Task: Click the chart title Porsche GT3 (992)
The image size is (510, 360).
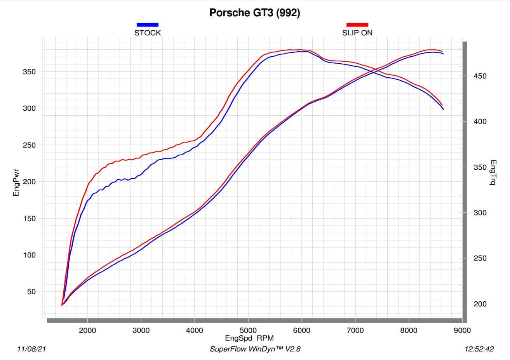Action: point(254,13)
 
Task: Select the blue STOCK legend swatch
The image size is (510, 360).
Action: point(147,25)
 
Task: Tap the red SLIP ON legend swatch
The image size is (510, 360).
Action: point(357,25)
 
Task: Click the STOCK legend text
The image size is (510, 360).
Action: point(147,33)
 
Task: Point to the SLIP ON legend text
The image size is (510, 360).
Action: point(357,33)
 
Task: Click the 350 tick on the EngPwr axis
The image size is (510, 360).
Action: point(30,72)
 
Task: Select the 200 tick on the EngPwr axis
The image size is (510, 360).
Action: point(30,182)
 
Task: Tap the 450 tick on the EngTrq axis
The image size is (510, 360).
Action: point(480,76)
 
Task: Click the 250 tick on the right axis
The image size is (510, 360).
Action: point(480,258)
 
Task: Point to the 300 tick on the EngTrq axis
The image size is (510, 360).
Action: point(480,213)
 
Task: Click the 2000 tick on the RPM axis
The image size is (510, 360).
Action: point(87,330)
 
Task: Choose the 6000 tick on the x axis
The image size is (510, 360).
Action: point(301,330)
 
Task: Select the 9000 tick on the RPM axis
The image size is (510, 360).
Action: point(462,330)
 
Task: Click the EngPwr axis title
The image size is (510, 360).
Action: point(16,182)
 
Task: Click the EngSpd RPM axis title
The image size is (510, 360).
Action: point(249,338)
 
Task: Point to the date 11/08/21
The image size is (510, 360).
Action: point(32,349)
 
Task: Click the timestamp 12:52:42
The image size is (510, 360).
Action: point(479,349)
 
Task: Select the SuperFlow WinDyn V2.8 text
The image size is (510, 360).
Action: point(255,349)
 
